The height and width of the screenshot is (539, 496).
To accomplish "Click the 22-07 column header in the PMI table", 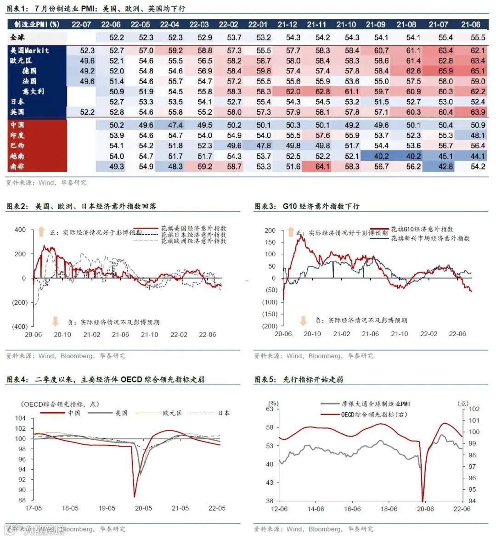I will (x=81, y=24).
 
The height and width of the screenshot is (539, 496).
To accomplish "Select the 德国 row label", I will (x=29, y=71).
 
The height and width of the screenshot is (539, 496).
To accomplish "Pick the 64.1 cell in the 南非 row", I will (x=322, y=167).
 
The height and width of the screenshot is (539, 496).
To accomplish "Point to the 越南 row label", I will (x=17, y=156).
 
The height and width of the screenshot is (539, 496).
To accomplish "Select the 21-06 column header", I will (x=471, y=24).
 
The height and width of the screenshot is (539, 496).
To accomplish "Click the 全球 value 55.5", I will (x=478, y=38).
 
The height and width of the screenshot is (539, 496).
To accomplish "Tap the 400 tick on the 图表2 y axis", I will (x=20, y=230).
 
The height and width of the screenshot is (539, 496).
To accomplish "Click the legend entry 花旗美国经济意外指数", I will (x=193, y=228).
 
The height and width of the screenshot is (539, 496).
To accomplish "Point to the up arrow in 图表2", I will (x=42, y=231).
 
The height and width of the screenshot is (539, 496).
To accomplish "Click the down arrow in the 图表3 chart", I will (x=303, y=320).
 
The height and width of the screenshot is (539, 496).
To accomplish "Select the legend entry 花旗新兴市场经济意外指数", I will (x=430, y=238).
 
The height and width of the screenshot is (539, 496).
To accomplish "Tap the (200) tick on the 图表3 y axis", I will (x=270, y=326).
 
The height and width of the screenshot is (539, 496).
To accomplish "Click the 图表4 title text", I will (x=106, y=380).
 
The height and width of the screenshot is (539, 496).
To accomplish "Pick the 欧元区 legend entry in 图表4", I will (x=172, y=413).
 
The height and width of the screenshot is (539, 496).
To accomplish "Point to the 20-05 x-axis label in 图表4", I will (x=143, y=508).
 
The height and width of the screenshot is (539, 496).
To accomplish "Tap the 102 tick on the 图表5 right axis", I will (x=474, y=409).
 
